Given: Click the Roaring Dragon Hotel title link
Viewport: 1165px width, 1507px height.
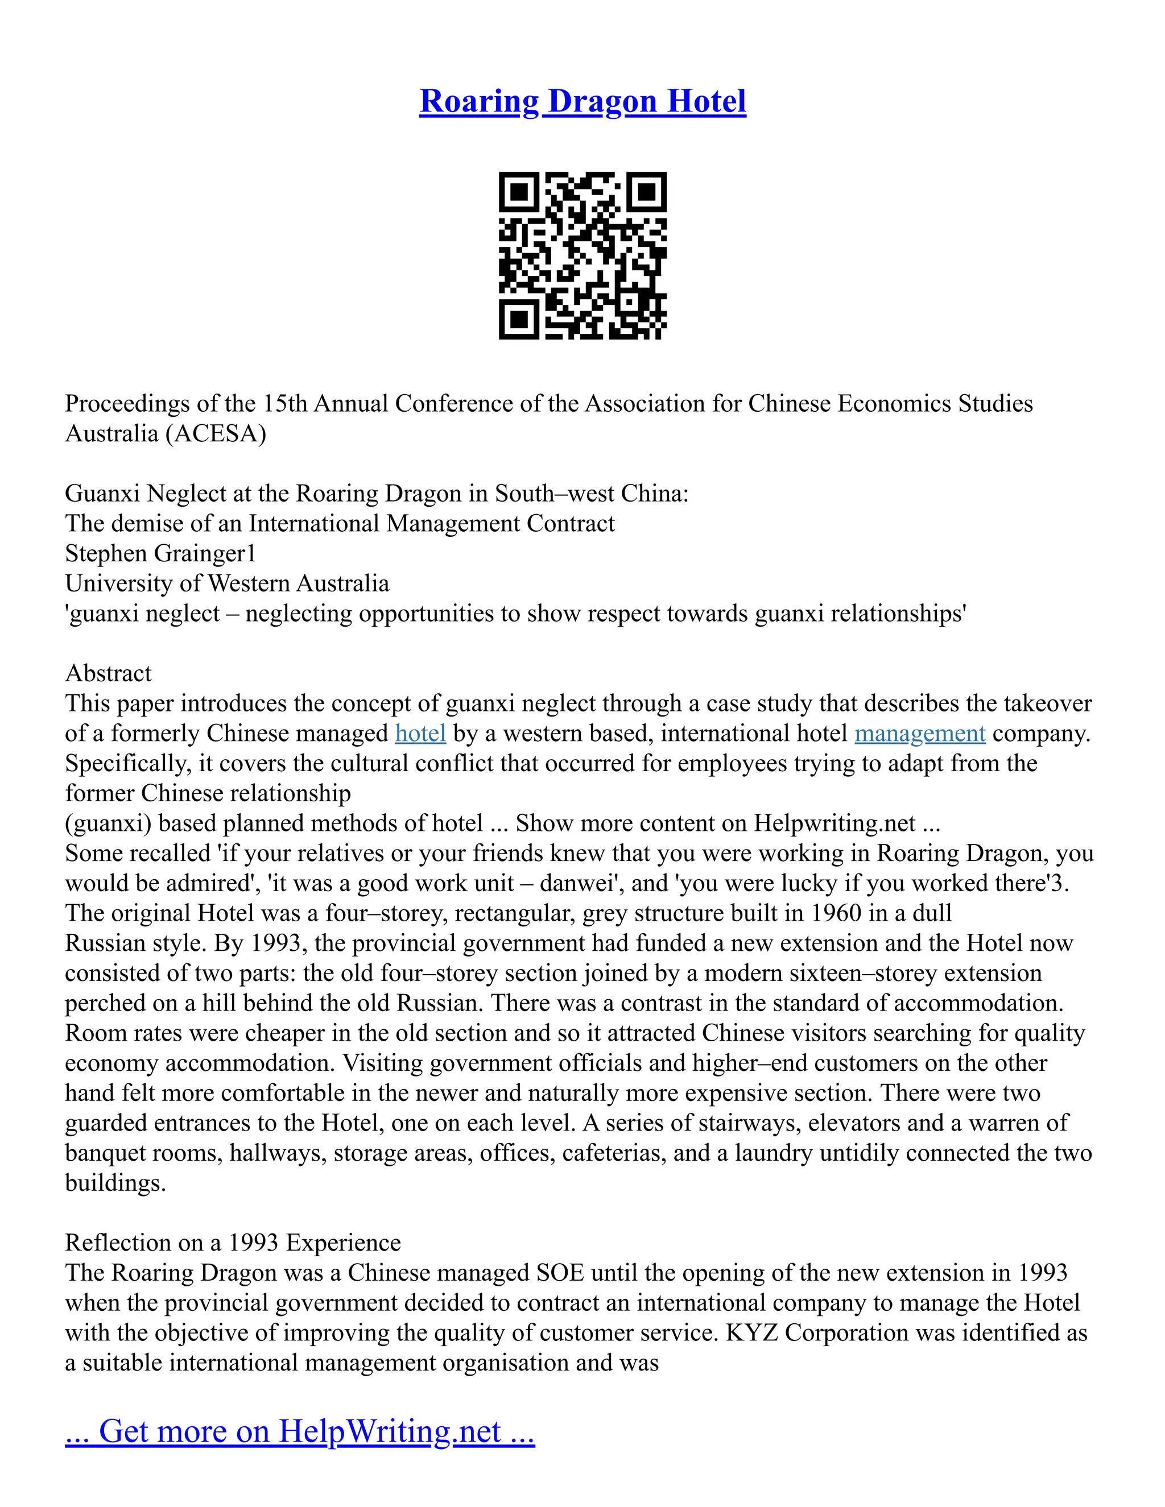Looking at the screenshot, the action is (x=582, y=101).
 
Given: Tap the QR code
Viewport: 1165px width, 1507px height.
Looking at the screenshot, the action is (x=582, y=255).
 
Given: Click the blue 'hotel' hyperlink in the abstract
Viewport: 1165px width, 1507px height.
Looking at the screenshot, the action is (x=420, y=733).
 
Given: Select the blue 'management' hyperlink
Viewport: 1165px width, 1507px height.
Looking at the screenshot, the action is (x=919, y=733).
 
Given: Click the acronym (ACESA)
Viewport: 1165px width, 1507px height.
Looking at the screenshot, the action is (x=216, y=433).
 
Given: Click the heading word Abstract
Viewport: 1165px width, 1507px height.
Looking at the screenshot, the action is (x=108, y=673).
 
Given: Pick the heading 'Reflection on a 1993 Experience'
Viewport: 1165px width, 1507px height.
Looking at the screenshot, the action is (x=233, y=1243).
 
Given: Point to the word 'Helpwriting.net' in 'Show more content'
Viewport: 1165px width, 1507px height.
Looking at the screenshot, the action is (x=834, y=823).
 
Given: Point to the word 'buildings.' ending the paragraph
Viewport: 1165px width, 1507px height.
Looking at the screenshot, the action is (x=115, y=1183).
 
